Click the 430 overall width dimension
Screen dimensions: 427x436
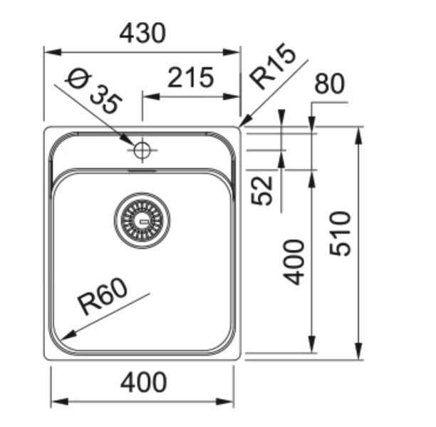(142, 33)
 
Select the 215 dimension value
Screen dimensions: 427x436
(190, 78)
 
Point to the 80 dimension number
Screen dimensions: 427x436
(329, 84)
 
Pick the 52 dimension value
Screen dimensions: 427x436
(263, 190)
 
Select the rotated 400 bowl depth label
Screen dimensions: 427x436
(294, 262)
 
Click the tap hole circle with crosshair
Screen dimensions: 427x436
(142, 150)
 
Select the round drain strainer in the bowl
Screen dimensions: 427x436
(142, 220)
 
